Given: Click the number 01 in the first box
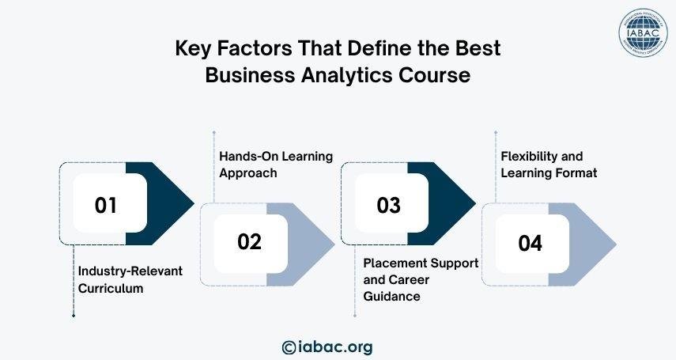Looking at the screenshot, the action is pyautogui.click(x=106, y=205).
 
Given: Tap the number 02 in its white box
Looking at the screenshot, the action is pyautogui.click(x=250, y=242).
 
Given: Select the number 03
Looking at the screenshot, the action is pyautogui.click(x=388, y=205).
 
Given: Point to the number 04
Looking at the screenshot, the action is pyautogui.click(x=531, y=243).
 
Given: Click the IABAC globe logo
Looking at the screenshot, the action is pyautogui.click(x=644, y=33).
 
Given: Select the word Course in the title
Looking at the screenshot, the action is pyautogui.click(x=434, y=74).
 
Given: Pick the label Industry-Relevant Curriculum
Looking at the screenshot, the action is pyautogui.click(x=130, y=280).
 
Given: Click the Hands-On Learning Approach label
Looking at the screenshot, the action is pyautogui.click(x=276, y=165).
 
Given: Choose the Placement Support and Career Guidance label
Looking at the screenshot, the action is pyautogui.click(x=421, y=280).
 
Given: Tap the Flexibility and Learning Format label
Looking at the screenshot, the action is pyautogui.click(x=549, y=165).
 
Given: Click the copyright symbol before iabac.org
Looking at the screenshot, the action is pyautogui.click(x=289, y=347).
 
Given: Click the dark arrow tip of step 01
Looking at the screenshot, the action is pyautogui.click(x=194, y=204).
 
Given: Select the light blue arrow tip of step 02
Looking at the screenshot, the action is pyautogui.click(x=334, y=244).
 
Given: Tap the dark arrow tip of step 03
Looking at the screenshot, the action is pyautogui.click(x=475, y=204).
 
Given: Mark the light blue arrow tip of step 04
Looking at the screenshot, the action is pyautogui.click(x=616, y=244).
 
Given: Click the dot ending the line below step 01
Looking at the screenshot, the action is pyautogui.click(x=74, y=316).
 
